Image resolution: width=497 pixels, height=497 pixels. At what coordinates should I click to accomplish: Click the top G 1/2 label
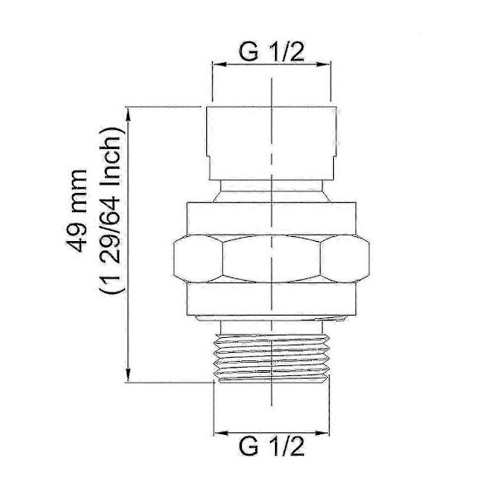click(272, 52)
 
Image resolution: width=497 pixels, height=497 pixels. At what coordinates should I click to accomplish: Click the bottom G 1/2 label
click(272, 446)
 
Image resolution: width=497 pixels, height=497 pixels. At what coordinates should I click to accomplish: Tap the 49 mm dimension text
click(77, 210)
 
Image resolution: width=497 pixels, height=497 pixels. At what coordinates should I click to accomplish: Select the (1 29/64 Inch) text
click(111, 210)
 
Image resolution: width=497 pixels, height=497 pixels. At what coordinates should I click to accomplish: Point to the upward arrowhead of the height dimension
click(128, 114)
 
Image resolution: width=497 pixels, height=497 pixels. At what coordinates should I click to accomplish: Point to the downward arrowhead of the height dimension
click(128, 374)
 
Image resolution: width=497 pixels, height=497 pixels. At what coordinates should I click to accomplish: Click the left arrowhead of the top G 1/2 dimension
click(220, 65)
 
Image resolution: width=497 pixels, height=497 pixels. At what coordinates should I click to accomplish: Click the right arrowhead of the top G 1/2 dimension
click(323, 65)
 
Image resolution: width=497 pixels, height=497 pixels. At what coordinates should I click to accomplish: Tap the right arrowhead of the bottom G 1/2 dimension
click(322, 433)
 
